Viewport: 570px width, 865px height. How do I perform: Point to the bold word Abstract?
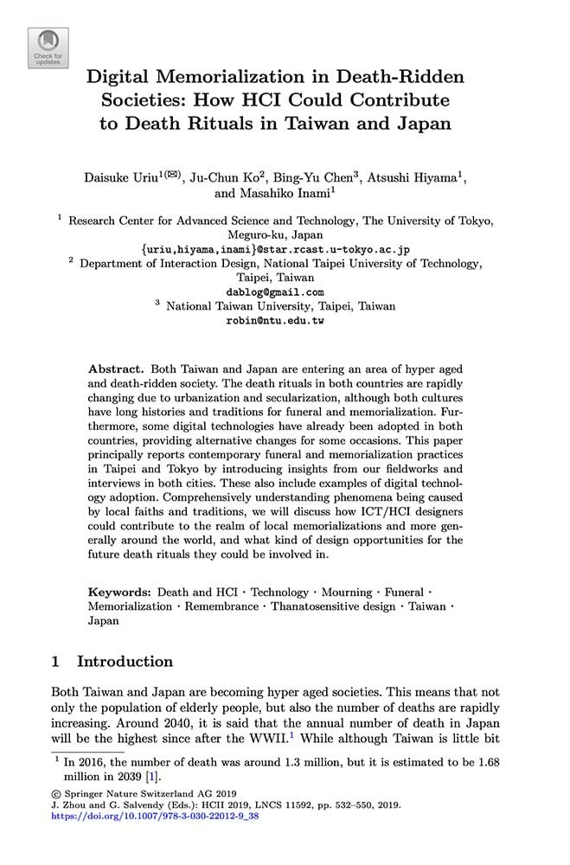116,368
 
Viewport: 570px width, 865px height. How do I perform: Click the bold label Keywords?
120,593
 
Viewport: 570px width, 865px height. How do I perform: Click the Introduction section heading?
125,662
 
